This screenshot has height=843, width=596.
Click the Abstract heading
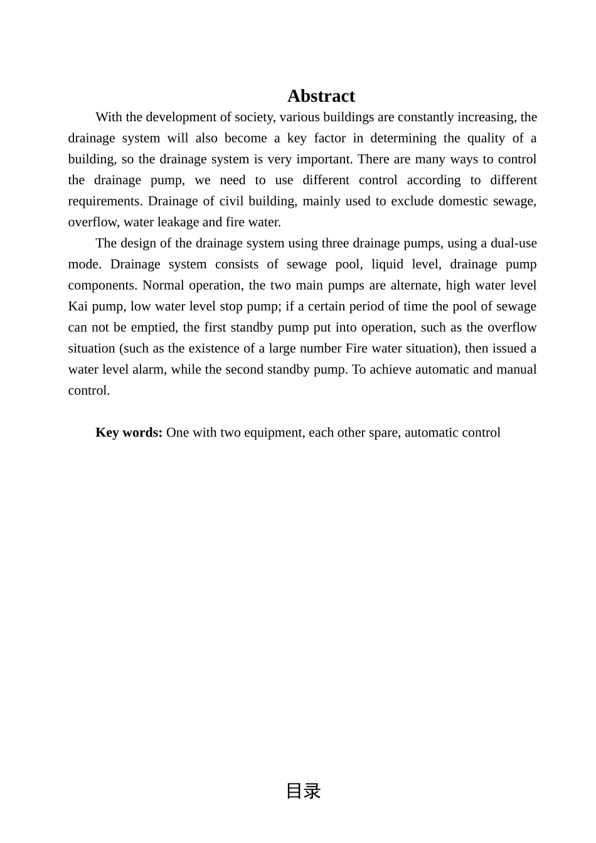click(x=321, y=96)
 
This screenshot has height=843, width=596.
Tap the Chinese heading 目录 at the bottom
click(x=303, y=791)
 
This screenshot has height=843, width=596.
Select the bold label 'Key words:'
click(x=129, y=433)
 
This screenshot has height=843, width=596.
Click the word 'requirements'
click(x=104, y=202)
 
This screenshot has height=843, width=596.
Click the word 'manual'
click(x=516, y=370)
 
